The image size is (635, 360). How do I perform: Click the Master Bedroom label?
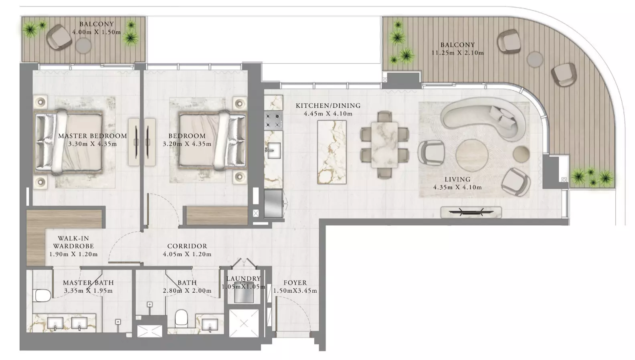(x=93, y=136)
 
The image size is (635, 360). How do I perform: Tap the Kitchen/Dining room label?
(x=328, y=106)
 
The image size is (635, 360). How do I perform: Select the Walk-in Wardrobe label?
(x=73, y=243)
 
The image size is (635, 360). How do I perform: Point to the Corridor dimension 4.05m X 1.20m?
(x=187, y=254)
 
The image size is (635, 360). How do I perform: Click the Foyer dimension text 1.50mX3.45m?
(x=295, y=291)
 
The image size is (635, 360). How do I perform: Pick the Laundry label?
(x=243, y=279)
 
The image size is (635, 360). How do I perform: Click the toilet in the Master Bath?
(x=42, y=295)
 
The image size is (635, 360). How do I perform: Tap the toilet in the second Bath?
(x=182, y=318)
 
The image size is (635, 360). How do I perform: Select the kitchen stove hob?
(x=273, y=120)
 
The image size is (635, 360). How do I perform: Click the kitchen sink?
(x=273, y=150)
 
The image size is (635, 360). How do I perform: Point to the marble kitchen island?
(x=332, y=152)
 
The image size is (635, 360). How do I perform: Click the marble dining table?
(x=384, y=145)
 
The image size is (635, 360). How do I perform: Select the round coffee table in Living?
(x=472, y=156)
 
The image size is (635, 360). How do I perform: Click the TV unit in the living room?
(x=471, y=212)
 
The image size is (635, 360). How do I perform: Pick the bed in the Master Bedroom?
(x=68, y=142)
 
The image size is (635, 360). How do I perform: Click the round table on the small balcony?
(x=83, y=45)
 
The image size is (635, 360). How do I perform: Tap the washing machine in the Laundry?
(x=243, y=296)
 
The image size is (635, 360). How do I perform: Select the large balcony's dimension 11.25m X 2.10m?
(x=457, y=53)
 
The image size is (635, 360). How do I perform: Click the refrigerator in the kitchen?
(x=274, y=204)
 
